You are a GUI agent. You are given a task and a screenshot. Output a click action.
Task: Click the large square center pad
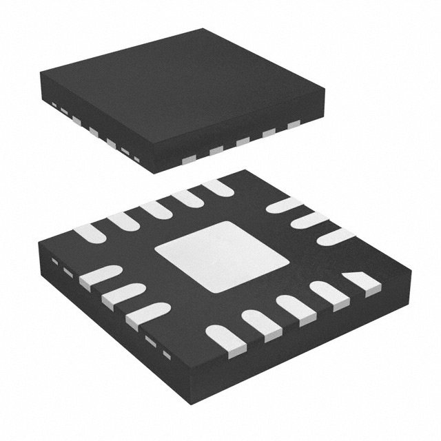[x=221, y=256]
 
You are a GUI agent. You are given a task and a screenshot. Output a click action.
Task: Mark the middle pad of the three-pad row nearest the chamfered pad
[x=309, y=220]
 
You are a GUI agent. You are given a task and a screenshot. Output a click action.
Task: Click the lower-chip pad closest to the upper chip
[x=218, y=186]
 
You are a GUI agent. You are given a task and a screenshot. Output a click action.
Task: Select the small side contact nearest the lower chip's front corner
[x=166, y=355]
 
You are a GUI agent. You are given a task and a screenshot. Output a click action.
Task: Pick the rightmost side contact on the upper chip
[x=294, y=125]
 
